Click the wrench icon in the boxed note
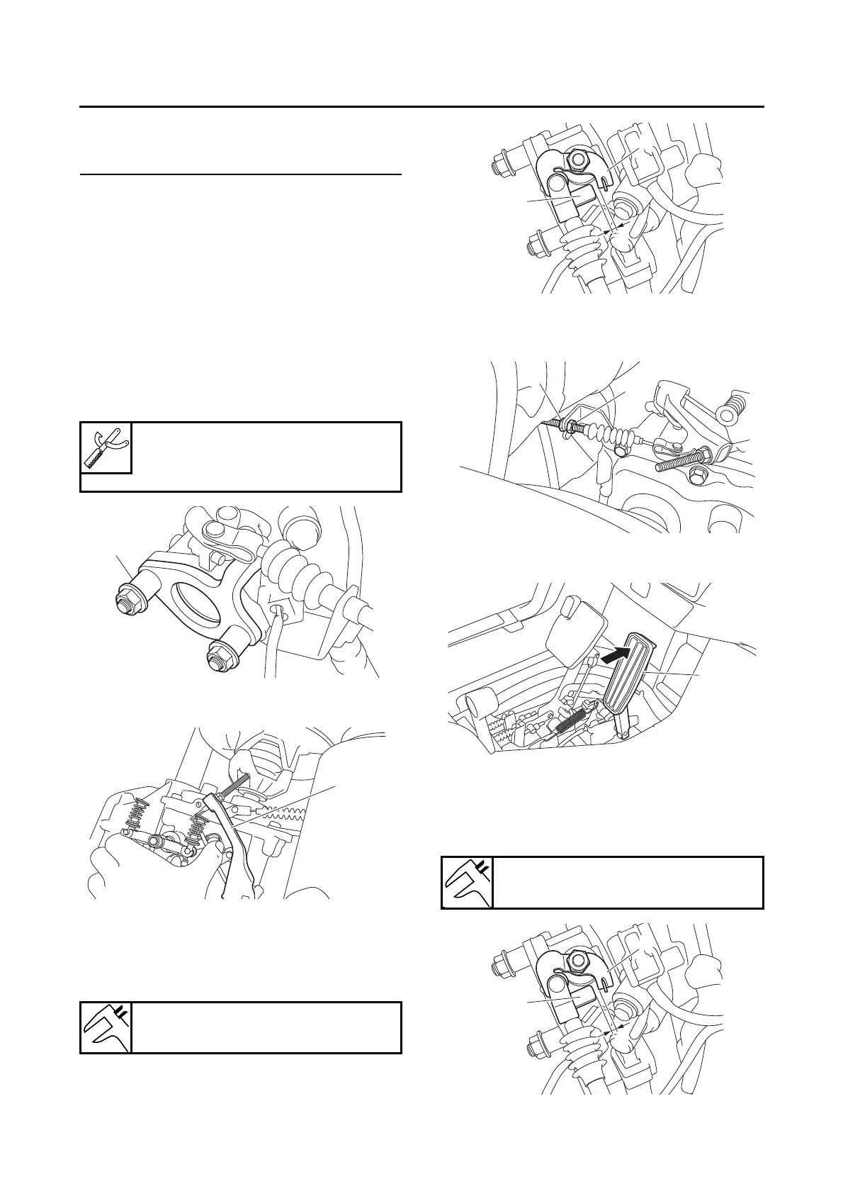(x=106, y=447)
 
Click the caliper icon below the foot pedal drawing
(x=467, y=882)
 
